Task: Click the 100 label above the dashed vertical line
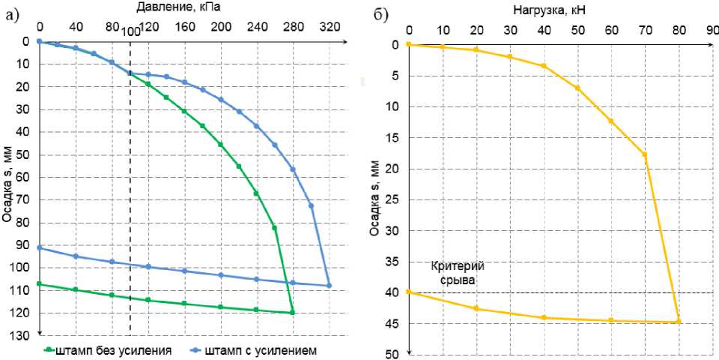(130, 31)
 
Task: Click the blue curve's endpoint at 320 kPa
(329, 285)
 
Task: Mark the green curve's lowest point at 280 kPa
(292, 312)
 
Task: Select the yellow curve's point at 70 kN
(645, 154)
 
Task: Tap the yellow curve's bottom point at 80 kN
(679, 322)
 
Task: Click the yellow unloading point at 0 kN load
(408, 291)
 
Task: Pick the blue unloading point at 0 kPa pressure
(39, 247)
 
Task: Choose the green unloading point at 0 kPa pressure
(39, 283)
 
